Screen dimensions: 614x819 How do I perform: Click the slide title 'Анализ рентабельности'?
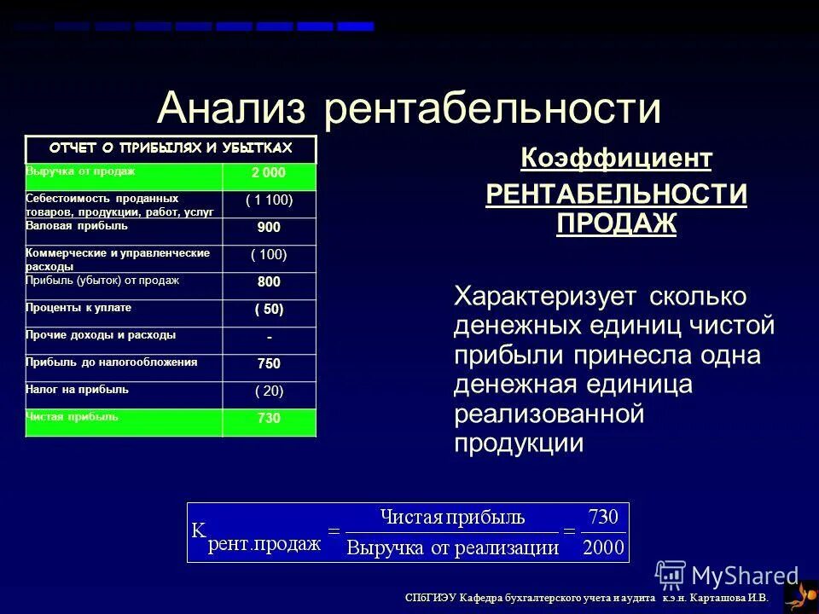coord(409,109)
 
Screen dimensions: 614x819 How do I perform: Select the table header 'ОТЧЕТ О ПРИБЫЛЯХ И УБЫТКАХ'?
coord(171,148)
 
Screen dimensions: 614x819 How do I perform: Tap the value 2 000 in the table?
coord(269,173)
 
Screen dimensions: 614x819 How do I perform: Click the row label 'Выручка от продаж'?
coord(81,171)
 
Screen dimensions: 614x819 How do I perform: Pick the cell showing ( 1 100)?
coord(269,200)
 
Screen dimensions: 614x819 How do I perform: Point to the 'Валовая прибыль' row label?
coord(78,226)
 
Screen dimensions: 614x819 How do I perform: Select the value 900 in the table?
coord(269,228)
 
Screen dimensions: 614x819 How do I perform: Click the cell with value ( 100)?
coord(269,255)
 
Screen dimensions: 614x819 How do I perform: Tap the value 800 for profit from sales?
coord(269,282)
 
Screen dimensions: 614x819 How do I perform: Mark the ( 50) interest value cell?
coord(269,310)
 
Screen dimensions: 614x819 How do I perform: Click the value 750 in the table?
coord(269,364)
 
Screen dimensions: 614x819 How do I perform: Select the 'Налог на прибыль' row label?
coord(78,389)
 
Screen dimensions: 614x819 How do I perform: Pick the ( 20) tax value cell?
coord(269,391)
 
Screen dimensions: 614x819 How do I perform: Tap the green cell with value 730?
coord(269,419)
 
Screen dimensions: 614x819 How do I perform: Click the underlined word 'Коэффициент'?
coord(616,159)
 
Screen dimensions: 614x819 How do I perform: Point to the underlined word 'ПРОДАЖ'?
coord(616,223)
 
